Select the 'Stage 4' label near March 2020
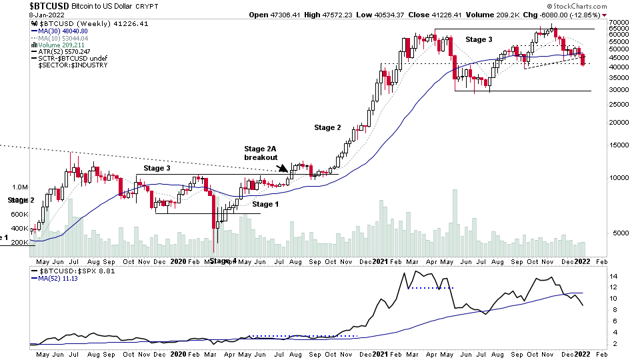[223, 261]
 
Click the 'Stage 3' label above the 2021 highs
[479, 40]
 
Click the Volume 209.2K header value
[493, 15]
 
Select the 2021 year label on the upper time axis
[381, 262]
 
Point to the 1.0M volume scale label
[19, 187]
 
